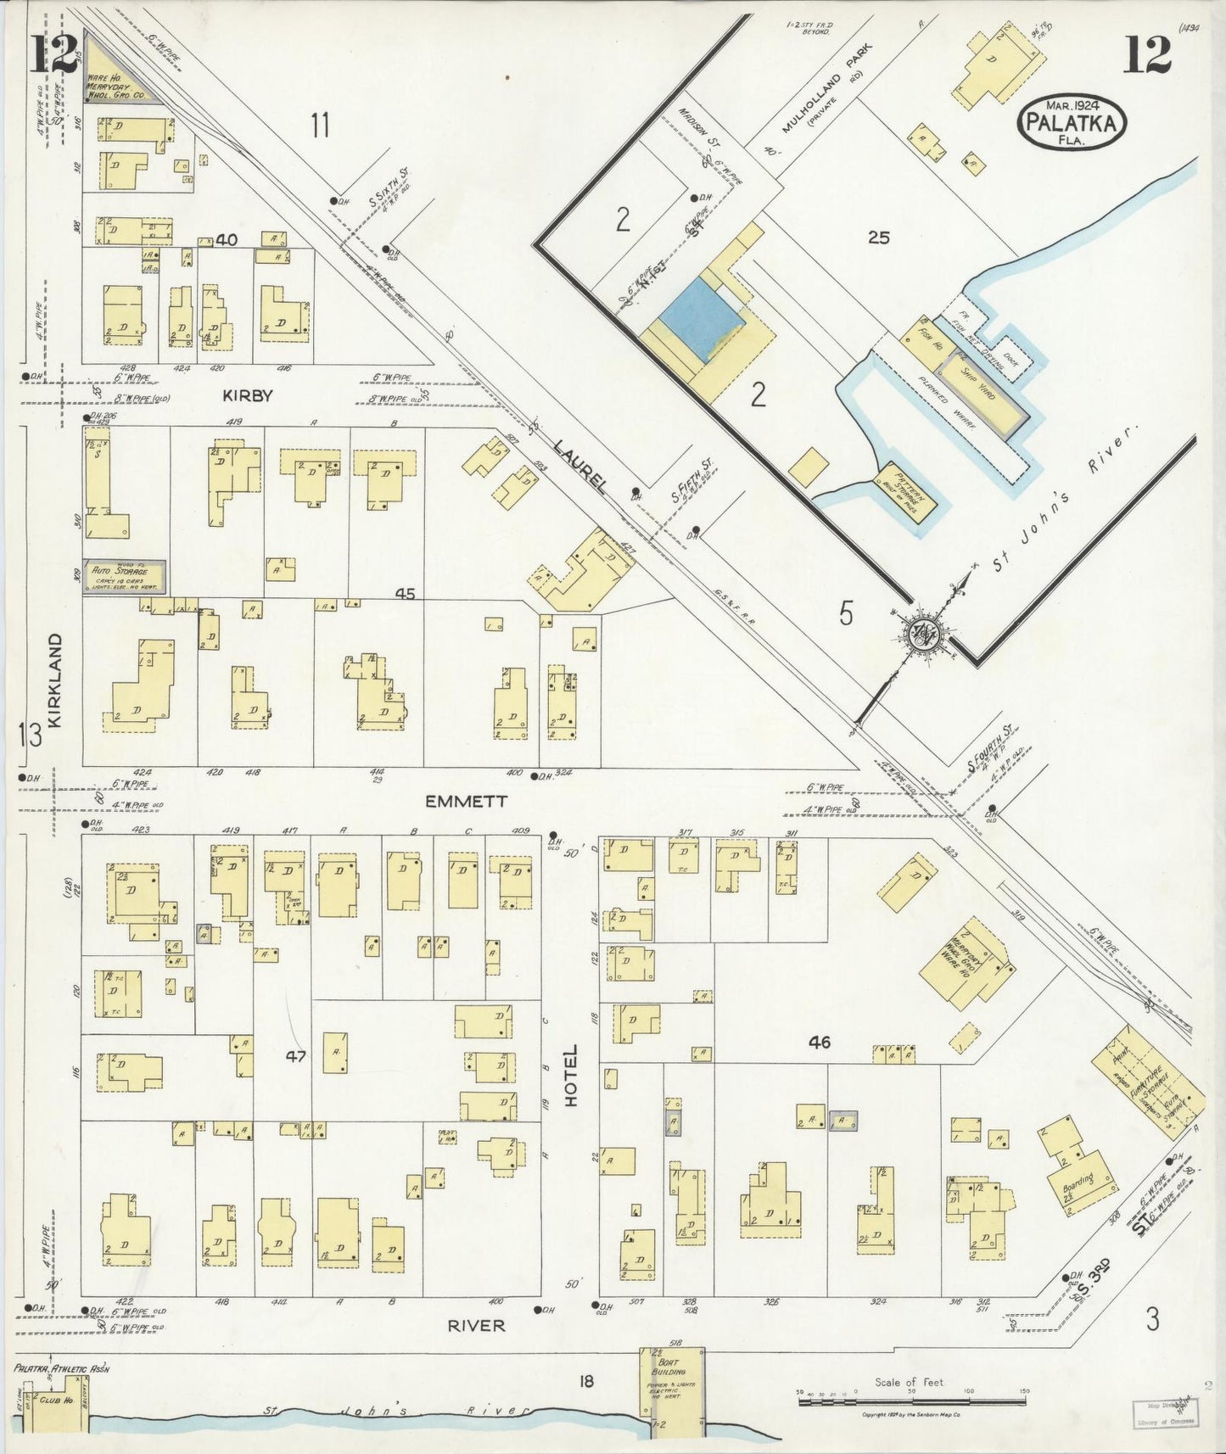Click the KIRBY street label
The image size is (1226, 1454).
pos(247,395)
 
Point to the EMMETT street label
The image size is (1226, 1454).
pos(466,801)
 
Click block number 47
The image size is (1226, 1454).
pos(295,1056)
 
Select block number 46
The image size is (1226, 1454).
pos(819,1043)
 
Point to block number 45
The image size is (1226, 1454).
pos(405,594)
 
